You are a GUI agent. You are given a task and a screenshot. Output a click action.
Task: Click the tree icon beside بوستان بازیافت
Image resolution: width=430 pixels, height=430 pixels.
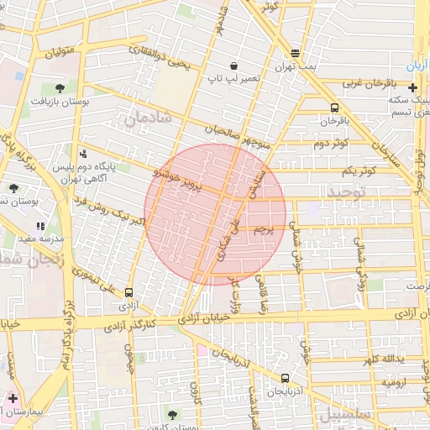point(60,87)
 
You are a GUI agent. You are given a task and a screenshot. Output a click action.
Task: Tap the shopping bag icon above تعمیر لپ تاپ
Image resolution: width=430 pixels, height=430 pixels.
point(233,66)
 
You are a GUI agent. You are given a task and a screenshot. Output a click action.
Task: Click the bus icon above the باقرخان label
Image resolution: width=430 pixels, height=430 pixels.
point(335,108)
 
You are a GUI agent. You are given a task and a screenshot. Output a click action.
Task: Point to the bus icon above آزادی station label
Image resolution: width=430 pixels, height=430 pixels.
point(128,293)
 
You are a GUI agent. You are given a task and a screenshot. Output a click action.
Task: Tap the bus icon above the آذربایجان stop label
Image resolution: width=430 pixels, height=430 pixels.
point(285,378)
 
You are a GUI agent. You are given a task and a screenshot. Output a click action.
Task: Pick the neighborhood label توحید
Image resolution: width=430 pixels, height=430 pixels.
point(348,194)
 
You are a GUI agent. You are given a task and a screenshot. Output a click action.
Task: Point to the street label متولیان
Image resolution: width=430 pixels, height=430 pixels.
point(66,58)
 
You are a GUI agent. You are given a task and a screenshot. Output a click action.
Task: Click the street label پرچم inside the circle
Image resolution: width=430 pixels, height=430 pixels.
point(264,227)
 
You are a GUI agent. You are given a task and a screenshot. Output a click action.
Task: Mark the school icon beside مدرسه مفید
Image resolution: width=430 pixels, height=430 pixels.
point(40,226)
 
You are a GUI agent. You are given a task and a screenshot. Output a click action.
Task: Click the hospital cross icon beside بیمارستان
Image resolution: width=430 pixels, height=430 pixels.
point(13,397)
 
